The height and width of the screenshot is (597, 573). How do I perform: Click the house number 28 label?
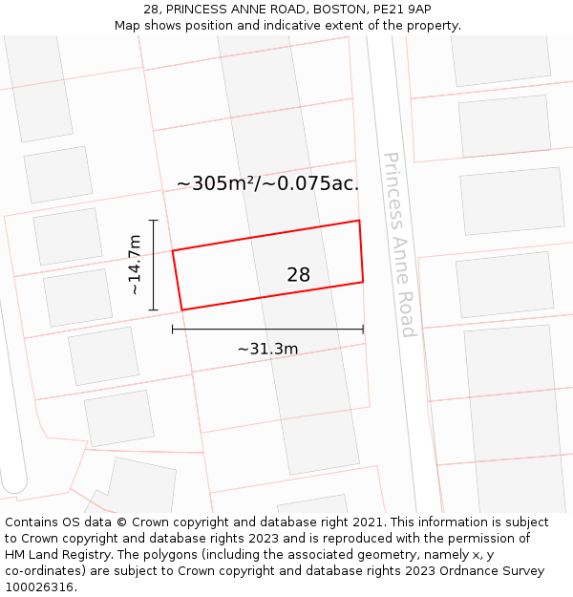[x=298, y=275]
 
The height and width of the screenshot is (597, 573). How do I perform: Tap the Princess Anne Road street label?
[x=399, y=245]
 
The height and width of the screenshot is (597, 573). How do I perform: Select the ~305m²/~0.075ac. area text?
[x=267, y=184]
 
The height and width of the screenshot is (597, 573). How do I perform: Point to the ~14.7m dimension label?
[x=135, y=265]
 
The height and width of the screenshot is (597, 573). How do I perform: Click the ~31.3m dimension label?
[x=267, y=349]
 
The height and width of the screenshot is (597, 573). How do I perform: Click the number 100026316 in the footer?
[x=39, y=587]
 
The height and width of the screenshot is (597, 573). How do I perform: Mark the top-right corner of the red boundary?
[x=359, y=221]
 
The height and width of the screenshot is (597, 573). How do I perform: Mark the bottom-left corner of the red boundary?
[x=181, y=309]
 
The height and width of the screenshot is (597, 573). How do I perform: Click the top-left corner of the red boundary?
[x=173, y=250]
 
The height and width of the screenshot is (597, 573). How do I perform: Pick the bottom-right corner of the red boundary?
[x=363, y=282]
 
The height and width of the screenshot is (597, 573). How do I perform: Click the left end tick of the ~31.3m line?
[x=173, y=329]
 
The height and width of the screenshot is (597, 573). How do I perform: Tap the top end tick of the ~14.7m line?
[x=154, y=221]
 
